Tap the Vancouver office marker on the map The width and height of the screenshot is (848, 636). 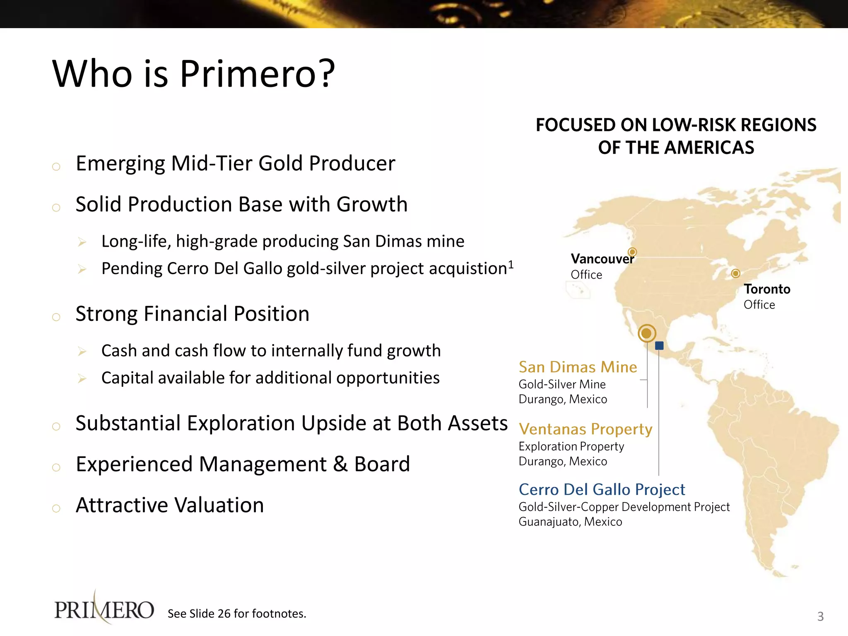[632, 252]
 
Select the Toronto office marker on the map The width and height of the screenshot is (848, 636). [735, 273]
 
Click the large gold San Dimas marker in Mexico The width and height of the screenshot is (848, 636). [647, 333]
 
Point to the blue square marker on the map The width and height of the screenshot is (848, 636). [660, 345]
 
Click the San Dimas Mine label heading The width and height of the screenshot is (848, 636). [578, 367]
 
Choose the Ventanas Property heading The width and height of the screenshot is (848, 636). [585, 429]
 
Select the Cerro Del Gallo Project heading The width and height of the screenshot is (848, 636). [602, 490]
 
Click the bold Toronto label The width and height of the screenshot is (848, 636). [767, 289]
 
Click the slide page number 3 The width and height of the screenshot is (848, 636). [820, 617]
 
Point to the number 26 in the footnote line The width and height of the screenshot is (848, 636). [224, 614]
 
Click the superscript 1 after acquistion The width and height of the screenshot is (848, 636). [511, 264]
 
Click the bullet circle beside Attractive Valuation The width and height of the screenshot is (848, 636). [56, 508]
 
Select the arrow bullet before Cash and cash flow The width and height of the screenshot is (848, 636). [82, 352]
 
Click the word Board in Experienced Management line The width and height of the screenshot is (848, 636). [382, 464]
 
